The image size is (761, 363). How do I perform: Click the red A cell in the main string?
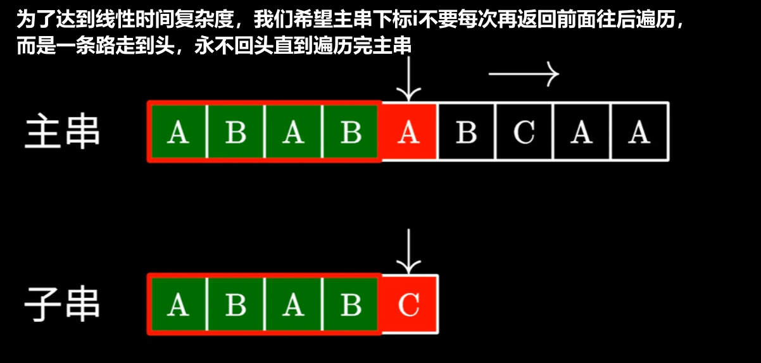coord(408,132)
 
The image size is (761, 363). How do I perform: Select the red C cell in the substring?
coord(408,305)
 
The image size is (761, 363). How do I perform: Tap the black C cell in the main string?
coord(524,132)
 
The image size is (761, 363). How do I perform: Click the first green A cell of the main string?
coord(178,132)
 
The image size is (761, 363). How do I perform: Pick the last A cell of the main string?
coord(639,132)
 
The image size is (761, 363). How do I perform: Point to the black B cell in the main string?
coord(466,132)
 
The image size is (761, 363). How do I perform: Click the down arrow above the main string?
coord(408,79)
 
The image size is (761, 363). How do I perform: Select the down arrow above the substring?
coord(408,251)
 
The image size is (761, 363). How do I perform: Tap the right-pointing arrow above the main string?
coord(524,75)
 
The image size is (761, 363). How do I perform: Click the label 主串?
coord(62,132)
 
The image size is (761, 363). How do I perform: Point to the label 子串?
coord(62,304)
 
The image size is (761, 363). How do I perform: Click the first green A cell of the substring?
coord(178,305)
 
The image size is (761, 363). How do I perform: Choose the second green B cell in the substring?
coord(351,305)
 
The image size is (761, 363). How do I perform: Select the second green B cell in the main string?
coord(351,132)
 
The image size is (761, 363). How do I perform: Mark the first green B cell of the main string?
coord(236,132)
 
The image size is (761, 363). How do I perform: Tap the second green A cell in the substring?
coord(293,305)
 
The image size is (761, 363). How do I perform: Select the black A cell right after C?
coord(581,132)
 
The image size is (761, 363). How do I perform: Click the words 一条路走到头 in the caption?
coord(121,46)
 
